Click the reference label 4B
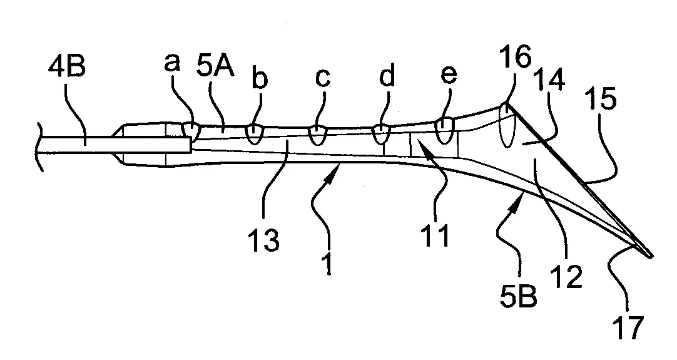(66, 68)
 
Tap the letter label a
(172, 63)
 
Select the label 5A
(215, 67)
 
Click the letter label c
(322, 78)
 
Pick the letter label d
(387, 76)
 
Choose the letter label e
(449, 75)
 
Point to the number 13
(264, 240)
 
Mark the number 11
(435, 235)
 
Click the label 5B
(519, 296)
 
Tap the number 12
(566, 277)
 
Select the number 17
(628, 327)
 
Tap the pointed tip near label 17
(651, 256)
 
